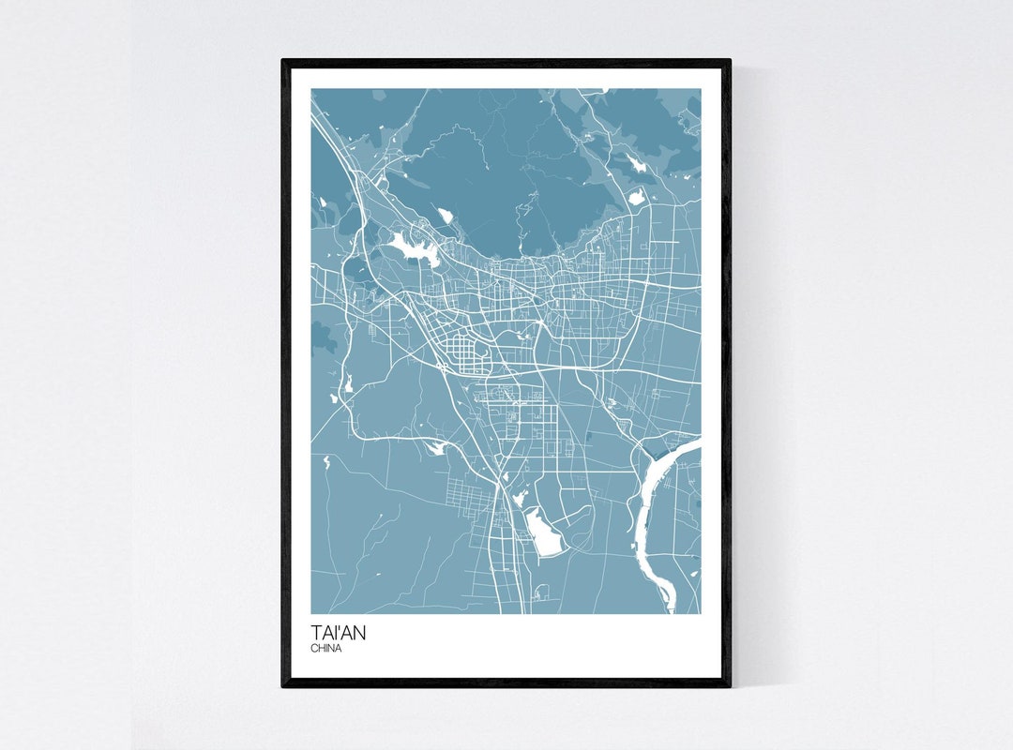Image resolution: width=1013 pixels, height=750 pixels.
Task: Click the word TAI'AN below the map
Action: click(x=339, y=633)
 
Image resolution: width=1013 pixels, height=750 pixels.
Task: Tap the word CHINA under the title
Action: click(x=326, y=649)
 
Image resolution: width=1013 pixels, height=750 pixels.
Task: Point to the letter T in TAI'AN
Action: click(x=317, y=633)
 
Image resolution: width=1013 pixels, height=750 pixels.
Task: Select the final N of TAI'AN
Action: click(x=359, y=633)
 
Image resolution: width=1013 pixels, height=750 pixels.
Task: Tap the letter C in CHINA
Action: click(x=314, y=649)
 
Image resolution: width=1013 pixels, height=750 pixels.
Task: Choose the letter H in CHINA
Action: click(x=321, y=649)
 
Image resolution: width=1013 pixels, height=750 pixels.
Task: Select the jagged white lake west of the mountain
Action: click(x=409, y=247)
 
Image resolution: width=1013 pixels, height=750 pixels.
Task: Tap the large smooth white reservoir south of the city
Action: click(x=542, y=532)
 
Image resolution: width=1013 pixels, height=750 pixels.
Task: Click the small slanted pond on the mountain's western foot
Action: click(x=445, y=217)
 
